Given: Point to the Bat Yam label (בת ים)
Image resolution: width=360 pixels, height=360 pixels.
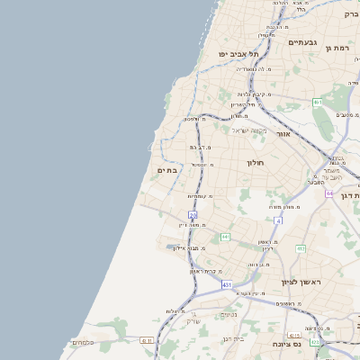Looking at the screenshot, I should [x=166, y=170].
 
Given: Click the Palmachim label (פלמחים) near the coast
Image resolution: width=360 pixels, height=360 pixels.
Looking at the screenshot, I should [x=106, y=342].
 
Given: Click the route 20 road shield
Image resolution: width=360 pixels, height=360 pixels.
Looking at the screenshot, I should [x=193, y=213].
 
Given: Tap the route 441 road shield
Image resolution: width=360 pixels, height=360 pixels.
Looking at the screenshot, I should [x=225, y=237].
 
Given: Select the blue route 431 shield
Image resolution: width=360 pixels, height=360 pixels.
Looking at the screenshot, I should [x=228, y=284].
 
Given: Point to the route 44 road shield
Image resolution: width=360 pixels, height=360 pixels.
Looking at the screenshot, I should [x=330, y=193].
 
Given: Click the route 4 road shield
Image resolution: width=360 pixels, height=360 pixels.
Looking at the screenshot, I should [x=279, y=220].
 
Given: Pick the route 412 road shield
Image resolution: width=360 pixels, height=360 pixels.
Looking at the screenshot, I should [x=301, y=248].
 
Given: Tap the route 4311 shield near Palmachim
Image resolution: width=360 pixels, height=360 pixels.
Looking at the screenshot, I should [x=146, y=340].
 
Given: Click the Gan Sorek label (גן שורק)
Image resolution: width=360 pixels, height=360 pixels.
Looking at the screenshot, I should [x=192, y=321].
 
